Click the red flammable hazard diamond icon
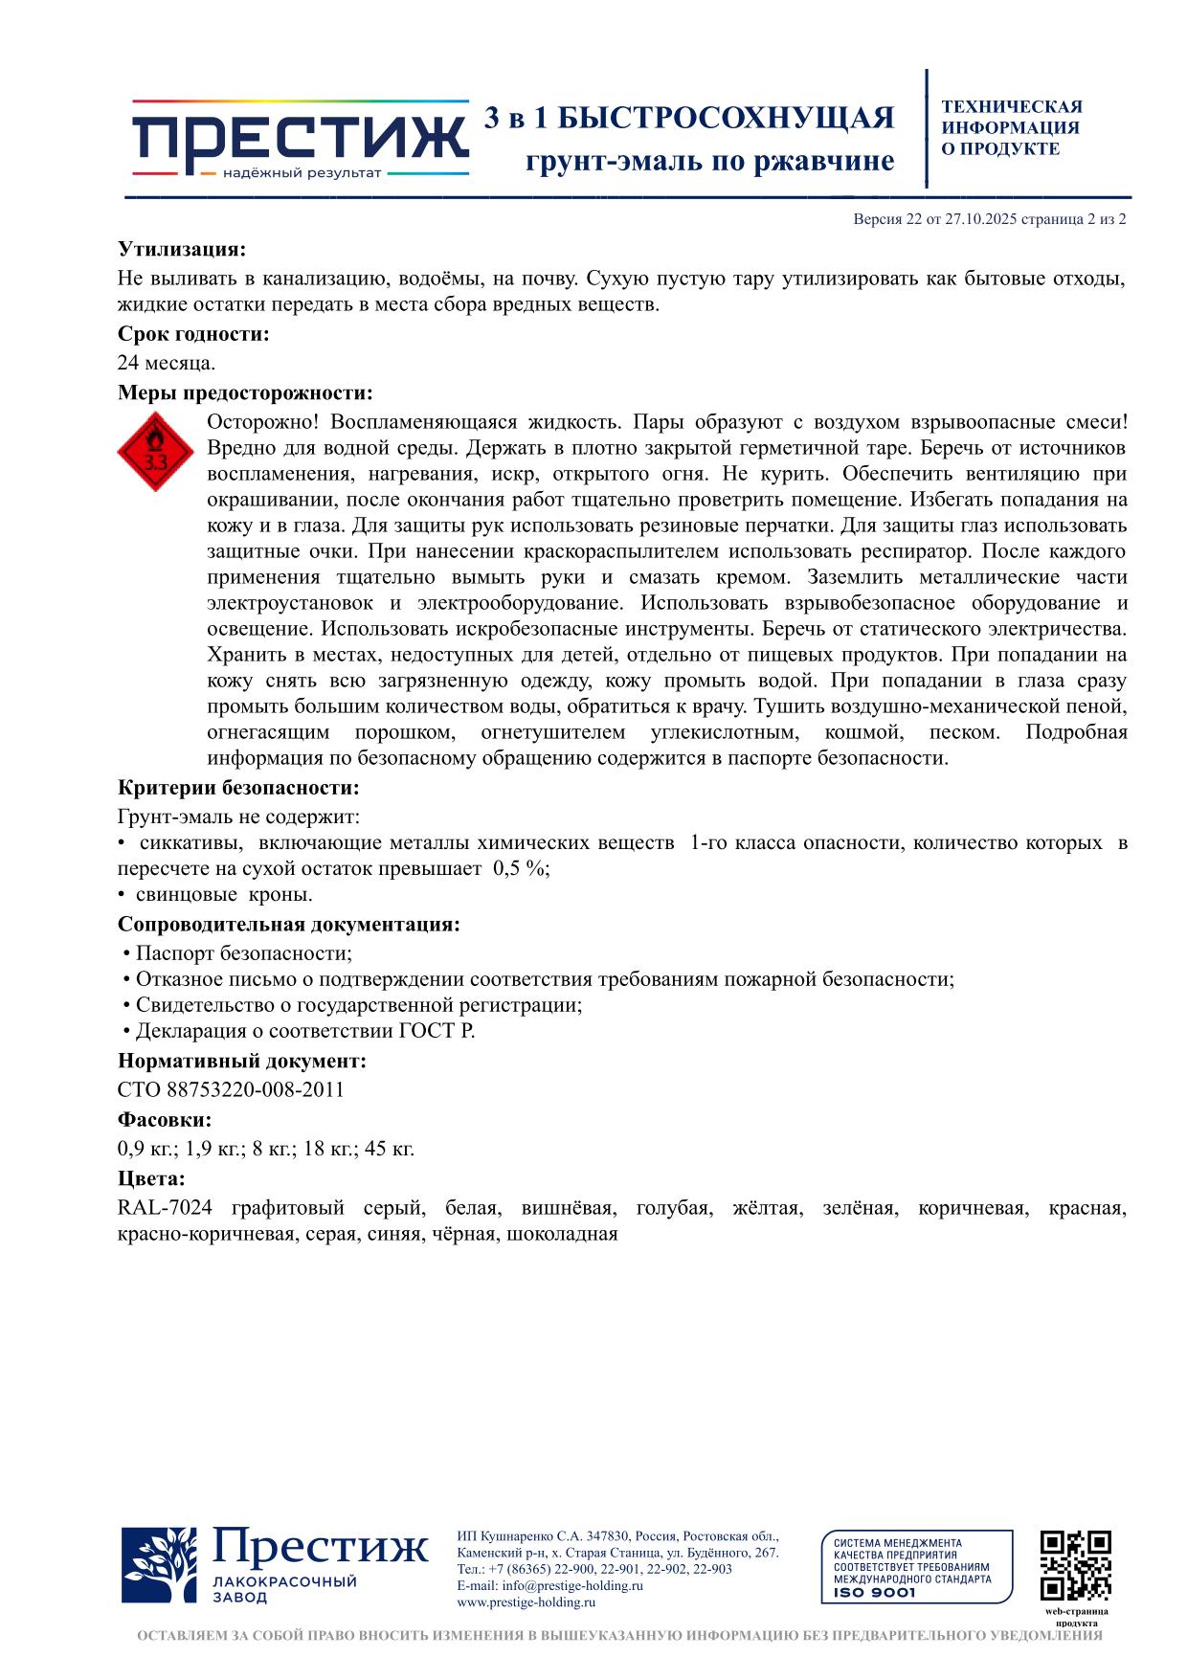(x=156, y=451)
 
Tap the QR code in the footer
(x=1075, y=1565)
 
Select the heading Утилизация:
(x=182, y=250)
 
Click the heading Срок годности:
(x=193, y=334)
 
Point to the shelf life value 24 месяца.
(x=167, y=363)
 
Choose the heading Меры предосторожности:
(x=245, y=392)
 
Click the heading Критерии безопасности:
(x=238, y=788)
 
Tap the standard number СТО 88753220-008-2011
(x=231, y=1089)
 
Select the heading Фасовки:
(x=165, y=1119)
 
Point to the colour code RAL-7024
(x=165, y=1208)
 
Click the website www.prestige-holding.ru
(x=526, y=1601)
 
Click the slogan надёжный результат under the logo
(x=302, y=173)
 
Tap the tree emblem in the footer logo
(x=159, y=1565)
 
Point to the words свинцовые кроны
(x=224, y=895)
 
